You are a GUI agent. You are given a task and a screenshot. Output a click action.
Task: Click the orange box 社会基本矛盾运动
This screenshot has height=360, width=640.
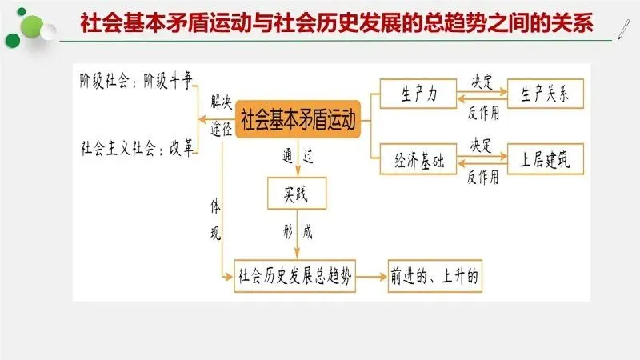pos(298,122)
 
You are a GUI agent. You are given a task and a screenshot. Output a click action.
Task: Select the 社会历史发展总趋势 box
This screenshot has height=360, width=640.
pos(295,276)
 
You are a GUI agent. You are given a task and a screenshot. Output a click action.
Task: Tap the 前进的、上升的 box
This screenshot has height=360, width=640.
pos(435,276)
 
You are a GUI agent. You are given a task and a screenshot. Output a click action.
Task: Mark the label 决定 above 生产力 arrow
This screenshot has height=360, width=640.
pos(482,81)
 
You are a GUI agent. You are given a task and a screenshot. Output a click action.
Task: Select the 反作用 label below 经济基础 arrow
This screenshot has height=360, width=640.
pos(482,177)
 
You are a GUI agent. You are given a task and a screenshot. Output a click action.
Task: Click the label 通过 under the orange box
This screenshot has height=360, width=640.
pos(297,157)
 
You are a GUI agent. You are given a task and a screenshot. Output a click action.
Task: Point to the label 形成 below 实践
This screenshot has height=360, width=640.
pos(297,233)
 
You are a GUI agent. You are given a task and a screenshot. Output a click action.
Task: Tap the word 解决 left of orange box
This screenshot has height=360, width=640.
pos(222,102)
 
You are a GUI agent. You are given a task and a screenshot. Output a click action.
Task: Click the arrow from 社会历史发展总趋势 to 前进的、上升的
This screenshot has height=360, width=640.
pos(370,276)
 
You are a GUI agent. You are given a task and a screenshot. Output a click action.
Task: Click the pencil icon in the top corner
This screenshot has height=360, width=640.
pos(622,25)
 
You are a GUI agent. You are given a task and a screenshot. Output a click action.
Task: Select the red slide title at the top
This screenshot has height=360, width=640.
pos(336,23)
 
